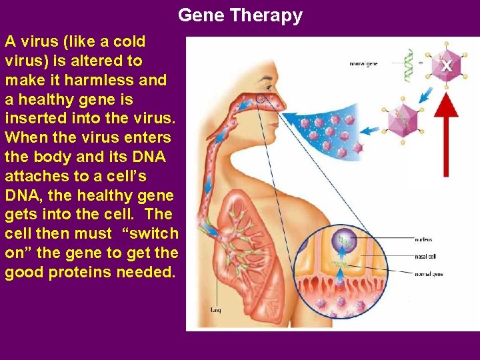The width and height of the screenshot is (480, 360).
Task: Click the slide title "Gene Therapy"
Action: [x=240, y=15]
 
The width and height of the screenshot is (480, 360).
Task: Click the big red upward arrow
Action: [x=445, y=133]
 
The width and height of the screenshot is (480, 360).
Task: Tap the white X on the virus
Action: [x=446, y=66]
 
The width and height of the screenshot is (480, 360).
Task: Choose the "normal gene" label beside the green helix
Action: [x=365, y=64]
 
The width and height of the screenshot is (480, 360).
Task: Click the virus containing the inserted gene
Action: [x=403, y=119]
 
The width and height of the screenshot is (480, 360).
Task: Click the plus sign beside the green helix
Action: [x=421, y=63]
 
